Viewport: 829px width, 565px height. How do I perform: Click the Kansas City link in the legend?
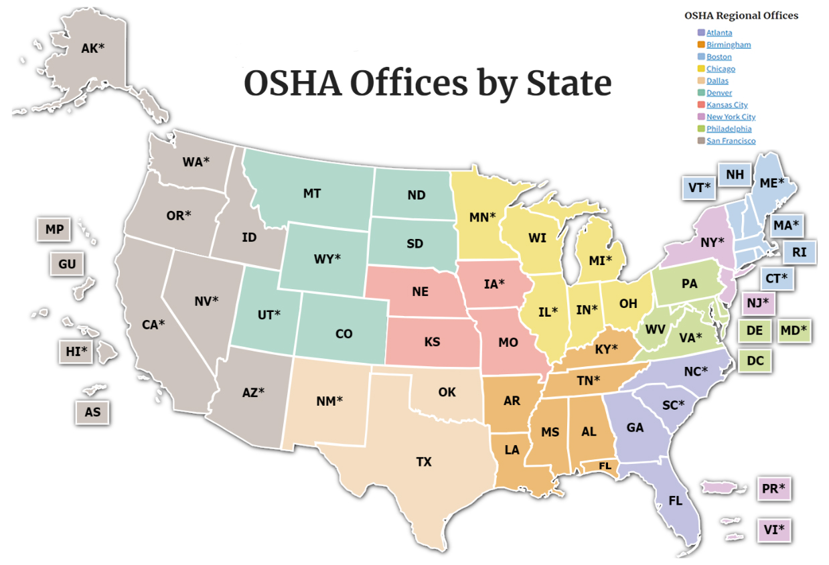pos(727,105)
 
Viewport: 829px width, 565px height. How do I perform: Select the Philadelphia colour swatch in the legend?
pos(700,129)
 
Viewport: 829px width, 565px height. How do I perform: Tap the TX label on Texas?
pos(424,462)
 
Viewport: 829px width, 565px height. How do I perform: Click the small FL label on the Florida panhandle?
pos(605,465)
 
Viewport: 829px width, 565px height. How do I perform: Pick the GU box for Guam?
pos(67,264)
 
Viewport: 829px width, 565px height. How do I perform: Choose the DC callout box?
pos(755,361)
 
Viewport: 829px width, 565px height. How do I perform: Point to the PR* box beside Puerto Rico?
pos(773,489)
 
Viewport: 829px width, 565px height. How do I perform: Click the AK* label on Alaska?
pos(92,48)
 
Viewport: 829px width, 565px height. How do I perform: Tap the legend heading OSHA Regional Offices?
pos(741,15)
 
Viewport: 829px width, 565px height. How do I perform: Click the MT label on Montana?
pos(312,193)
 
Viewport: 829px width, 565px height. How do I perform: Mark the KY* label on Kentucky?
pos(606,348)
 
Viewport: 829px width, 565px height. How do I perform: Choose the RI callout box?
pos(799,252)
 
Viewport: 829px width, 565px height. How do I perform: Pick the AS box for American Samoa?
pos(92,412)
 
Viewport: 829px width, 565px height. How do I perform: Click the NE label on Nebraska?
pos(421,292)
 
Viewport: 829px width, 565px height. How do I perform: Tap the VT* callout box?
pos(699,187)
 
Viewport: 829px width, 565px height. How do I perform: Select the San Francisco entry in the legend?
pos(731,141)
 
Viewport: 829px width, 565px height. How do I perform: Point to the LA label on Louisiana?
pos(512,450)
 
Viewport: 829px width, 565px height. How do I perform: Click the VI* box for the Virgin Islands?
pos(773,531)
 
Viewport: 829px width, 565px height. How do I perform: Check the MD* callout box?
pos(794,330)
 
